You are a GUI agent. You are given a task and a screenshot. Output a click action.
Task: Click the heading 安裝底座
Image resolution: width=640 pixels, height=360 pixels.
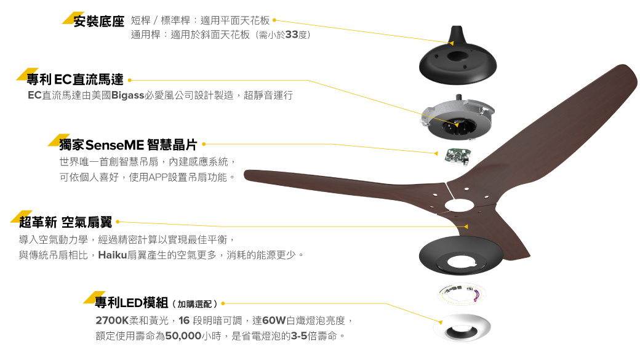click(99, 21)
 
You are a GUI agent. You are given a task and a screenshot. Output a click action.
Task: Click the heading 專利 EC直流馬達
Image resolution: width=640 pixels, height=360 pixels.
click(74, 79)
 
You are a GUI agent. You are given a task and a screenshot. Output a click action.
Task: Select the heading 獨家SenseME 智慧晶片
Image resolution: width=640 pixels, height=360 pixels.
click(128, 145)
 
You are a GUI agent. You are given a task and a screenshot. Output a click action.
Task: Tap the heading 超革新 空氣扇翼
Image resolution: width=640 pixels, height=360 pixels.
click(65, 222)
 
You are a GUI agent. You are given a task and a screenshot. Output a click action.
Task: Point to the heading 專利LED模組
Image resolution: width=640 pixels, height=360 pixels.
click(132, 303)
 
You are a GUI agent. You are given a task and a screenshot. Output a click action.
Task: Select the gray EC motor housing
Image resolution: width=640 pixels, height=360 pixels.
click(458, 118)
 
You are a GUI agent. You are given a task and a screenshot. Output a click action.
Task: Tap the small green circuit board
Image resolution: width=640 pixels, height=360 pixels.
click(458, 156)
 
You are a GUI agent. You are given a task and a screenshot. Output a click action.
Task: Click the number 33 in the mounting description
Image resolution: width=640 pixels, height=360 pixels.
click(292, 34)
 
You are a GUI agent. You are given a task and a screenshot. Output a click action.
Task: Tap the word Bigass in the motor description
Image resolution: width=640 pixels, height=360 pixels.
click(128, 95)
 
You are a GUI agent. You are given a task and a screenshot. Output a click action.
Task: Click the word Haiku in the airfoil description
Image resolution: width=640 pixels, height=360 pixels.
click(113, 255)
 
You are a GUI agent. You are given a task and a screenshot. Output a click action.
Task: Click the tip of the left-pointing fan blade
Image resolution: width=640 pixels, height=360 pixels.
click(245, 175)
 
